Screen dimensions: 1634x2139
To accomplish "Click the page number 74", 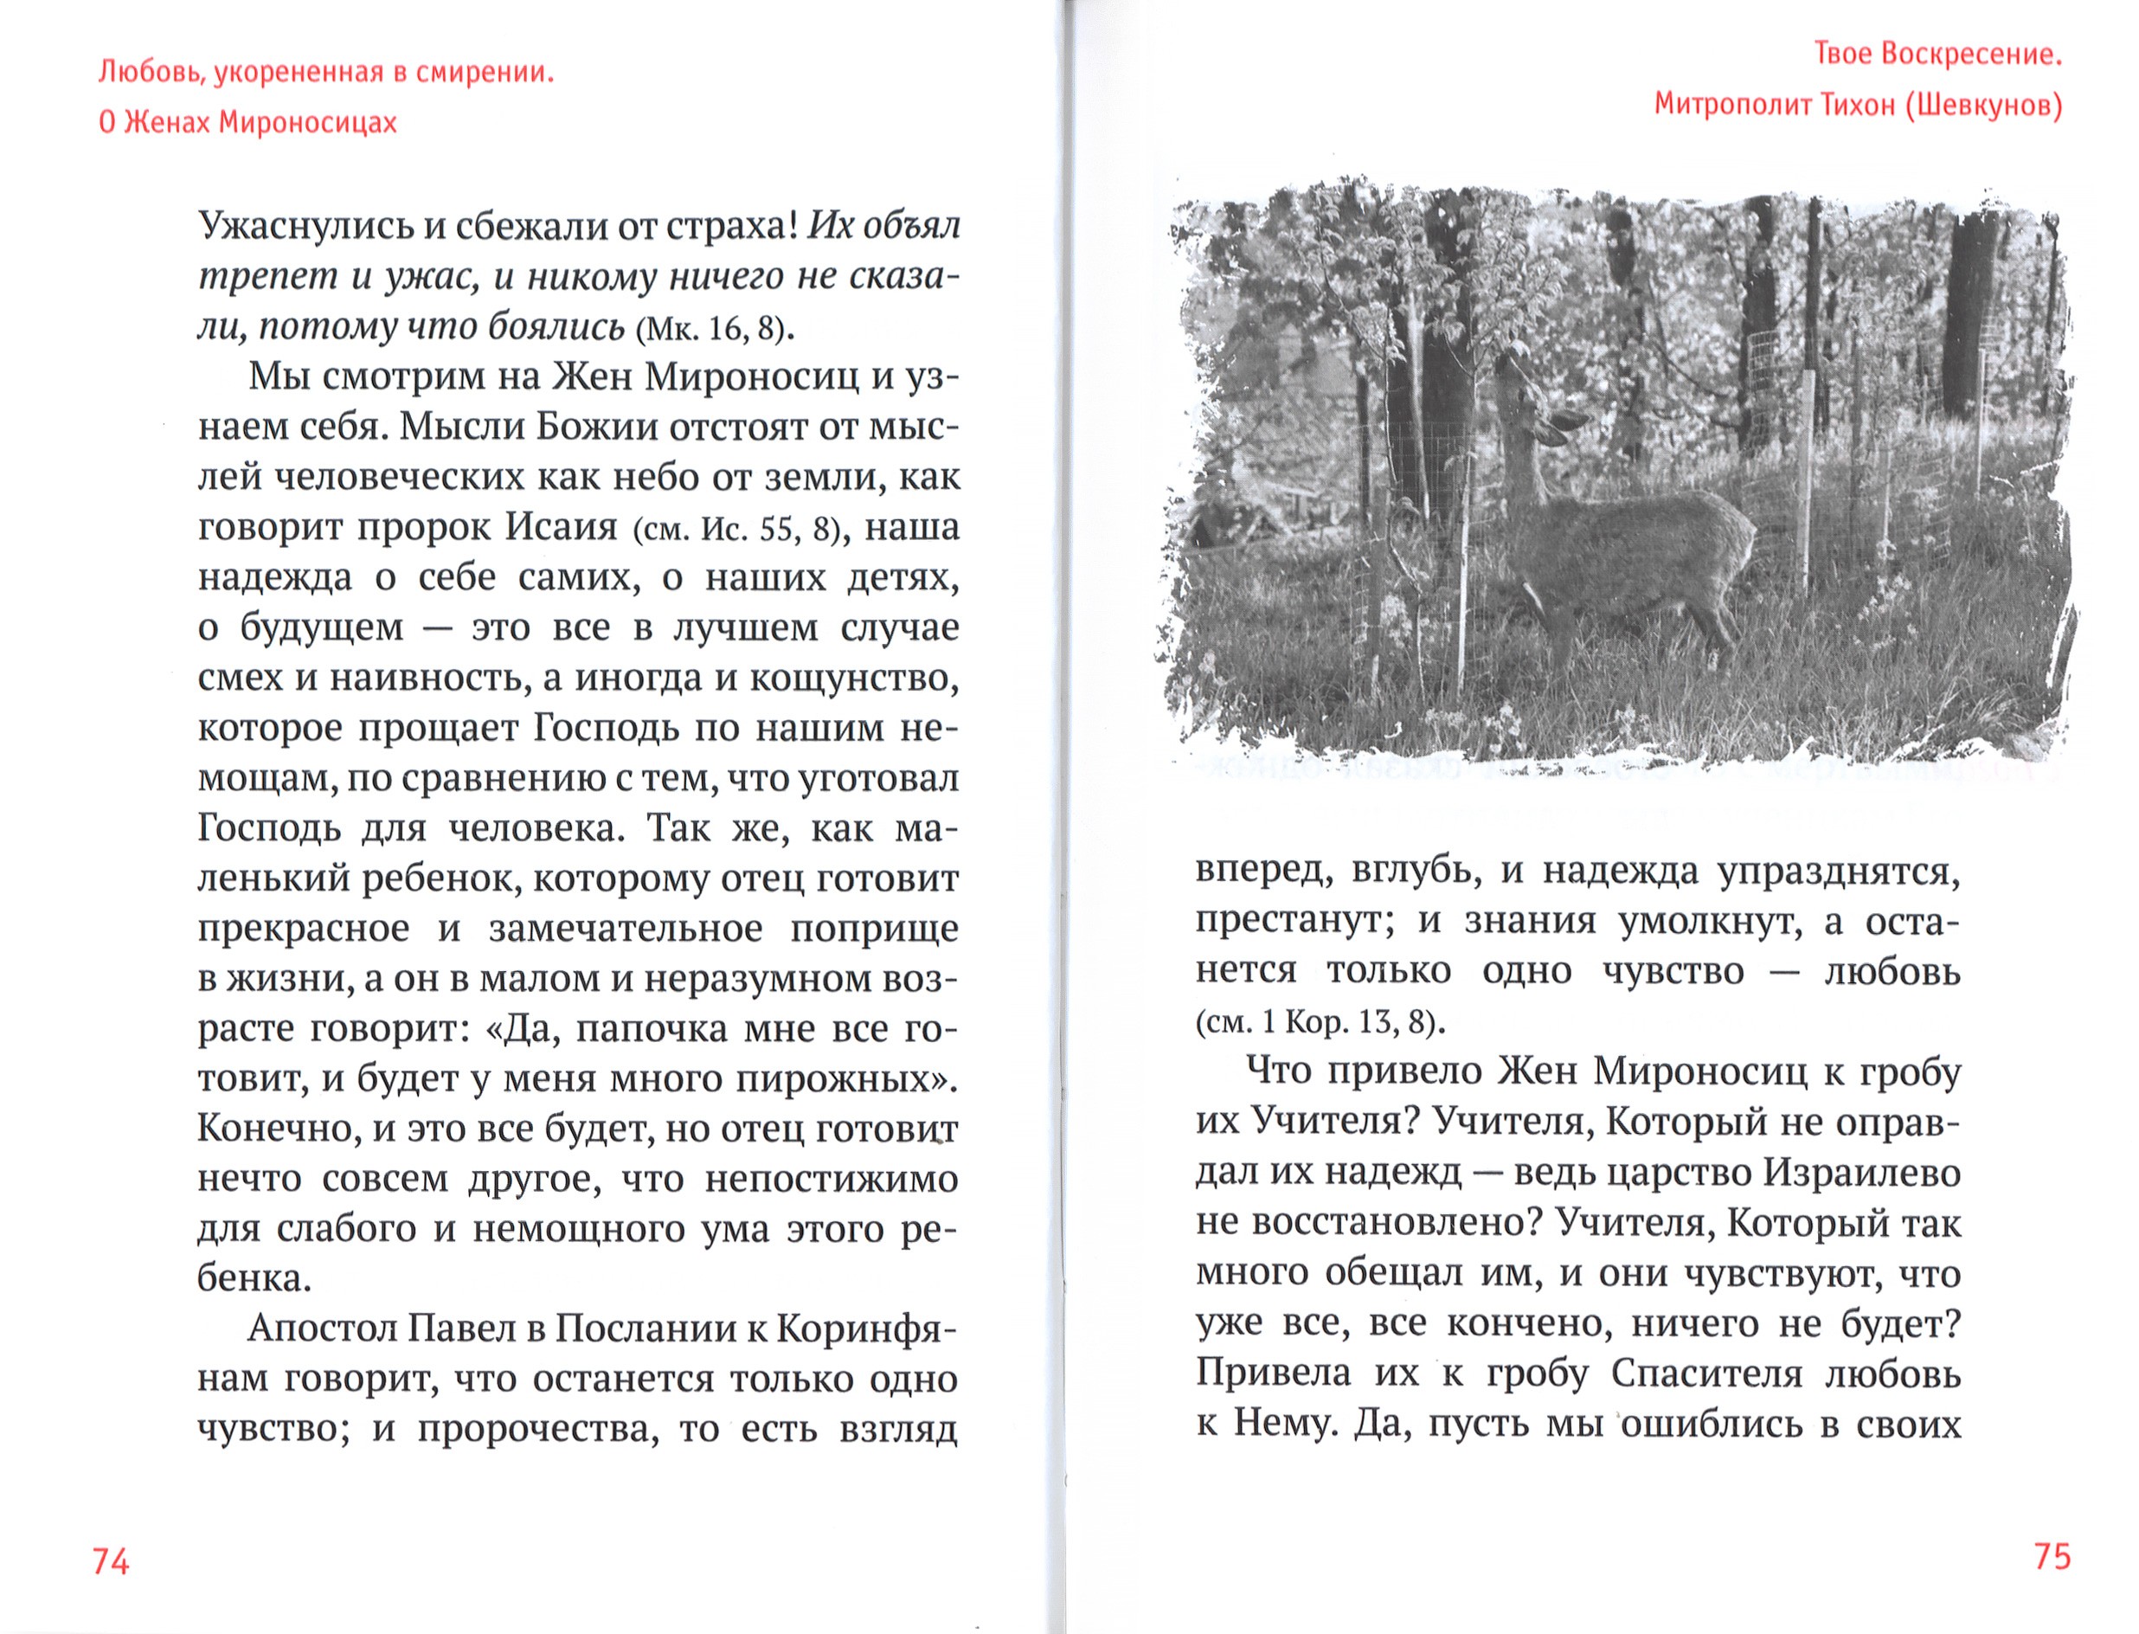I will tap(110, 1561).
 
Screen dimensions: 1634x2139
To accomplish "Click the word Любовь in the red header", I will tap(137, 73).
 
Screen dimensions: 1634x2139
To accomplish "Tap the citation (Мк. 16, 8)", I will tap(714, 330).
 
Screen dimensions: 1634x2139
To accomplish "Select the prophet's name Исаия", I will tap(561, 527).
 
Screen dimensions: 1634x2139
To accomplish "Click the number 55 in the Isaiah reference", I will tap(779, 529).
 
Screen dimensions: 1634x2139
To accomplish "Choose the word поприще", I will tap(874, 928).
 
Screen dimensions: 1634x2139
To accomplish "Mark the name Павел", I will tap(462, 1328).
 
